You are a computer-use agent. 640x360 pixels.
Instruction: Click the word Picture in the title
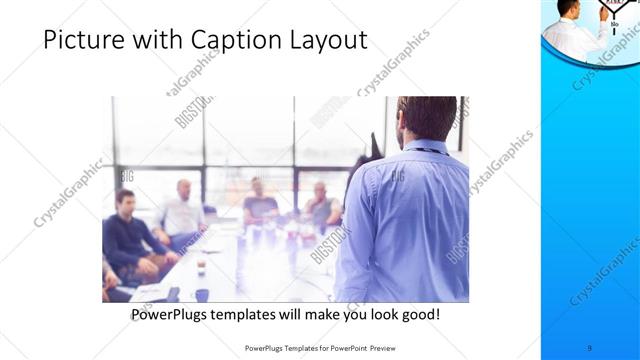click(79, 40)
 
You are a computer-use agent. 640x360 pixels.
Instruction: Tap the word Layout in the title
click(327, 40)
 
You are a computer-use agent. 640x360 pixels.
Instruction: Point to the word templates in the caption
click(259, 314)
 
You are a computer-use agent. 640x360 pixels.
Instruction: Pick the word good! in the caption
click(418, 314)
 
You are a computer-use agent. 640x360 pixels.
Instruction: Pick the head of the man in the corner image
click(567, 8)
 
